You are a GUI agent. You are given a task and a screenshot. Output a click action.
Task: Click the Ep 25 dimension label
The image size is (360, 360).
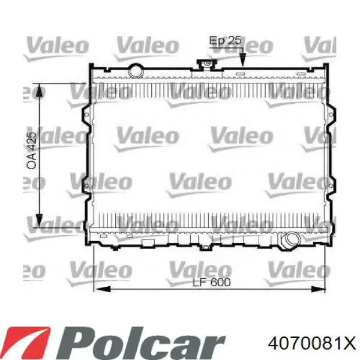225,41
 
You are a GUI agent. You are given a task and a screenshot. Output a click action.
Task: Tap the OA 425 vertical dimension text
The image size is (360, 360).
32,151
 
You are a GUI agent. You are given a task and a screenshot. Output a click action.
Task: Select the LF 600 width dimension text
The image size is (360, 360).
211,282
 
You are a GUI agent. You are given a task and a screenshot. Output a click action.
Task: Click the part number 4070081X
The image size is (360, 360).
312,343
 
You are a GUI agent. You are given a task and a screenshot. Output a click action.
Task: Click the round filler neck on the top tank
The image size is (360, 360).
136,71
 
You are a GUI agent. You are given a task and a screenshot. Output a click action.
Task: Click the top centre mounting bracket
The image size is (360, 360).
207,65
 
